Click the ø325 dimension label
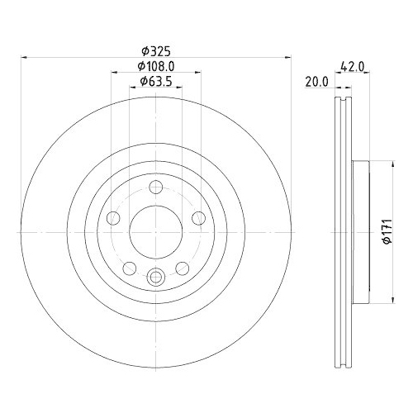click(x=156, y=51)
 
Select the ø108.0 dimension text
click(x=156, y=66)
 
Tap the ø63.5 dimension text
click(x=156, y=81)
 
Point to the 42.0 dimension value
click(x=353, y=66)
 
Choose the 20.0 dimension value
click(x=316, y=82)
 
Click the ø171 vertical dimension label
click(x=387, y=231)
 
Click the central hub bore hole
click(x=156, y=232)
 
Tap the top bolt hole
click(x=156, y=187)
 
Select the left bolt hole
click(x=113, y=218)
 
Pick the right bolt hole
click(x=198, y=218)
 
